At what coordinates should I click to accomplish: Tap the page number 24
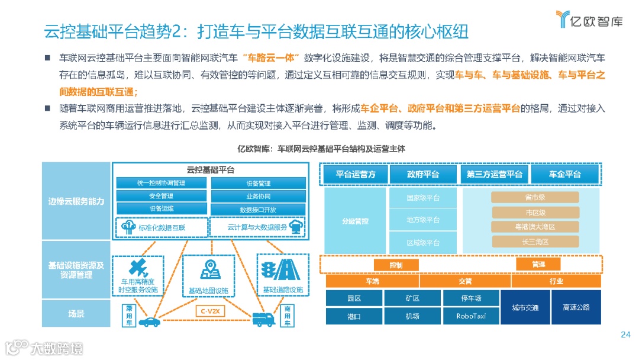[625, 335]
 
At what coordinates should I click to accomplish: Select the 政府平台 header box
[423, 175]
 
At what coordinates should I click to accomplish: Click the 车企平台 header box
[564, 175]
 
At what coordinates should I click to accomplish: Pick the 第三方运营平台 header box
[494, 175]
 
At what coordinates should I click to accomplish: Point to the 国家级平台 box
[423, 198]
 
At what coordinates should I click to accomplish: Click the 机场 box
[412, 316]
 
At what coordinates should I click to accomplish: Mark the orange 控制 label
[396, 265]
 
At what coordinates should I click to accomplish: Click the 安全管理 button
[161, 196]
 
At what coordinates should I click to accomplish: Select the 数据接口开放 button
[258, 210]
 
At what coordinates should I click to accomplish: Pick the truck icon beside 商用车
[264, 319]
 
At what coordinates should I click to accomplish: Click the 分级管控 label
[355, 221]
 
